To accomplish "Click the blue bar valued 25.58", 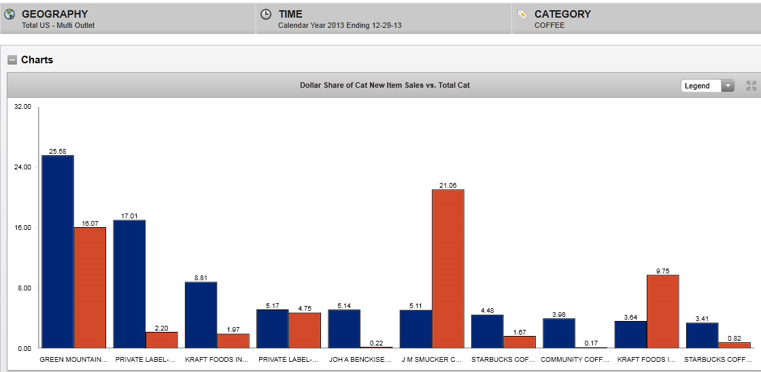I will pos(58,252).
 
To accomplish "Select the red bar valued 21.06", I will pos(448,269).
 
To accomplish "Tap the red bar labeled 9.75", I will pos(662,311).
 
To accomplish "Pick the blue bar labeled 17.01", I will pos(129,284).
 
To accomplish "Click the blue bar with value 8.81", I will pos(201,315).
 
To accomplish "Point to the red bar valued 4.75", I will pos(305,331).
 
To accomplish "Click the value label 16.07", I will pos(90,223).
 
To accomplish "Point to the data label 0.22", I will pos(376,343).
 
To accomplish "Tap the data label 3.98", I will pos(559,314).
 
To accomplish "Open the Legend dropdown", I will pos(708,86).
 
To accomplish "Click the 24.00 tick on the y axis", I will pos(22,167).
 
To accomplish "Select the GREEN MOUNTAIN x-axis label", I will pos(73,358).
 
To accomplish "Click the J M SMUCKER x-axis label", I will pos(431,358).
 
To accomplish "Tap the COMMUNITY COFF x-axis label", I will pos(575,358).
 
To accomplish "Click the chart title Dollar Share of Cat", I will pos(385,85).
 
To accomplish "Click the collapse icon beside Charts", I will pos(12,60).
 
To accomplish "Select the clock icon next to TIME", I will pos(266,14).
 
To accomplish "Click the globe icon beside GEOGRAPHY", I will pos(10,14).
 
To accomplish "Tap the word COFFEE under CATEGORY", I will pos(549,26).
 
